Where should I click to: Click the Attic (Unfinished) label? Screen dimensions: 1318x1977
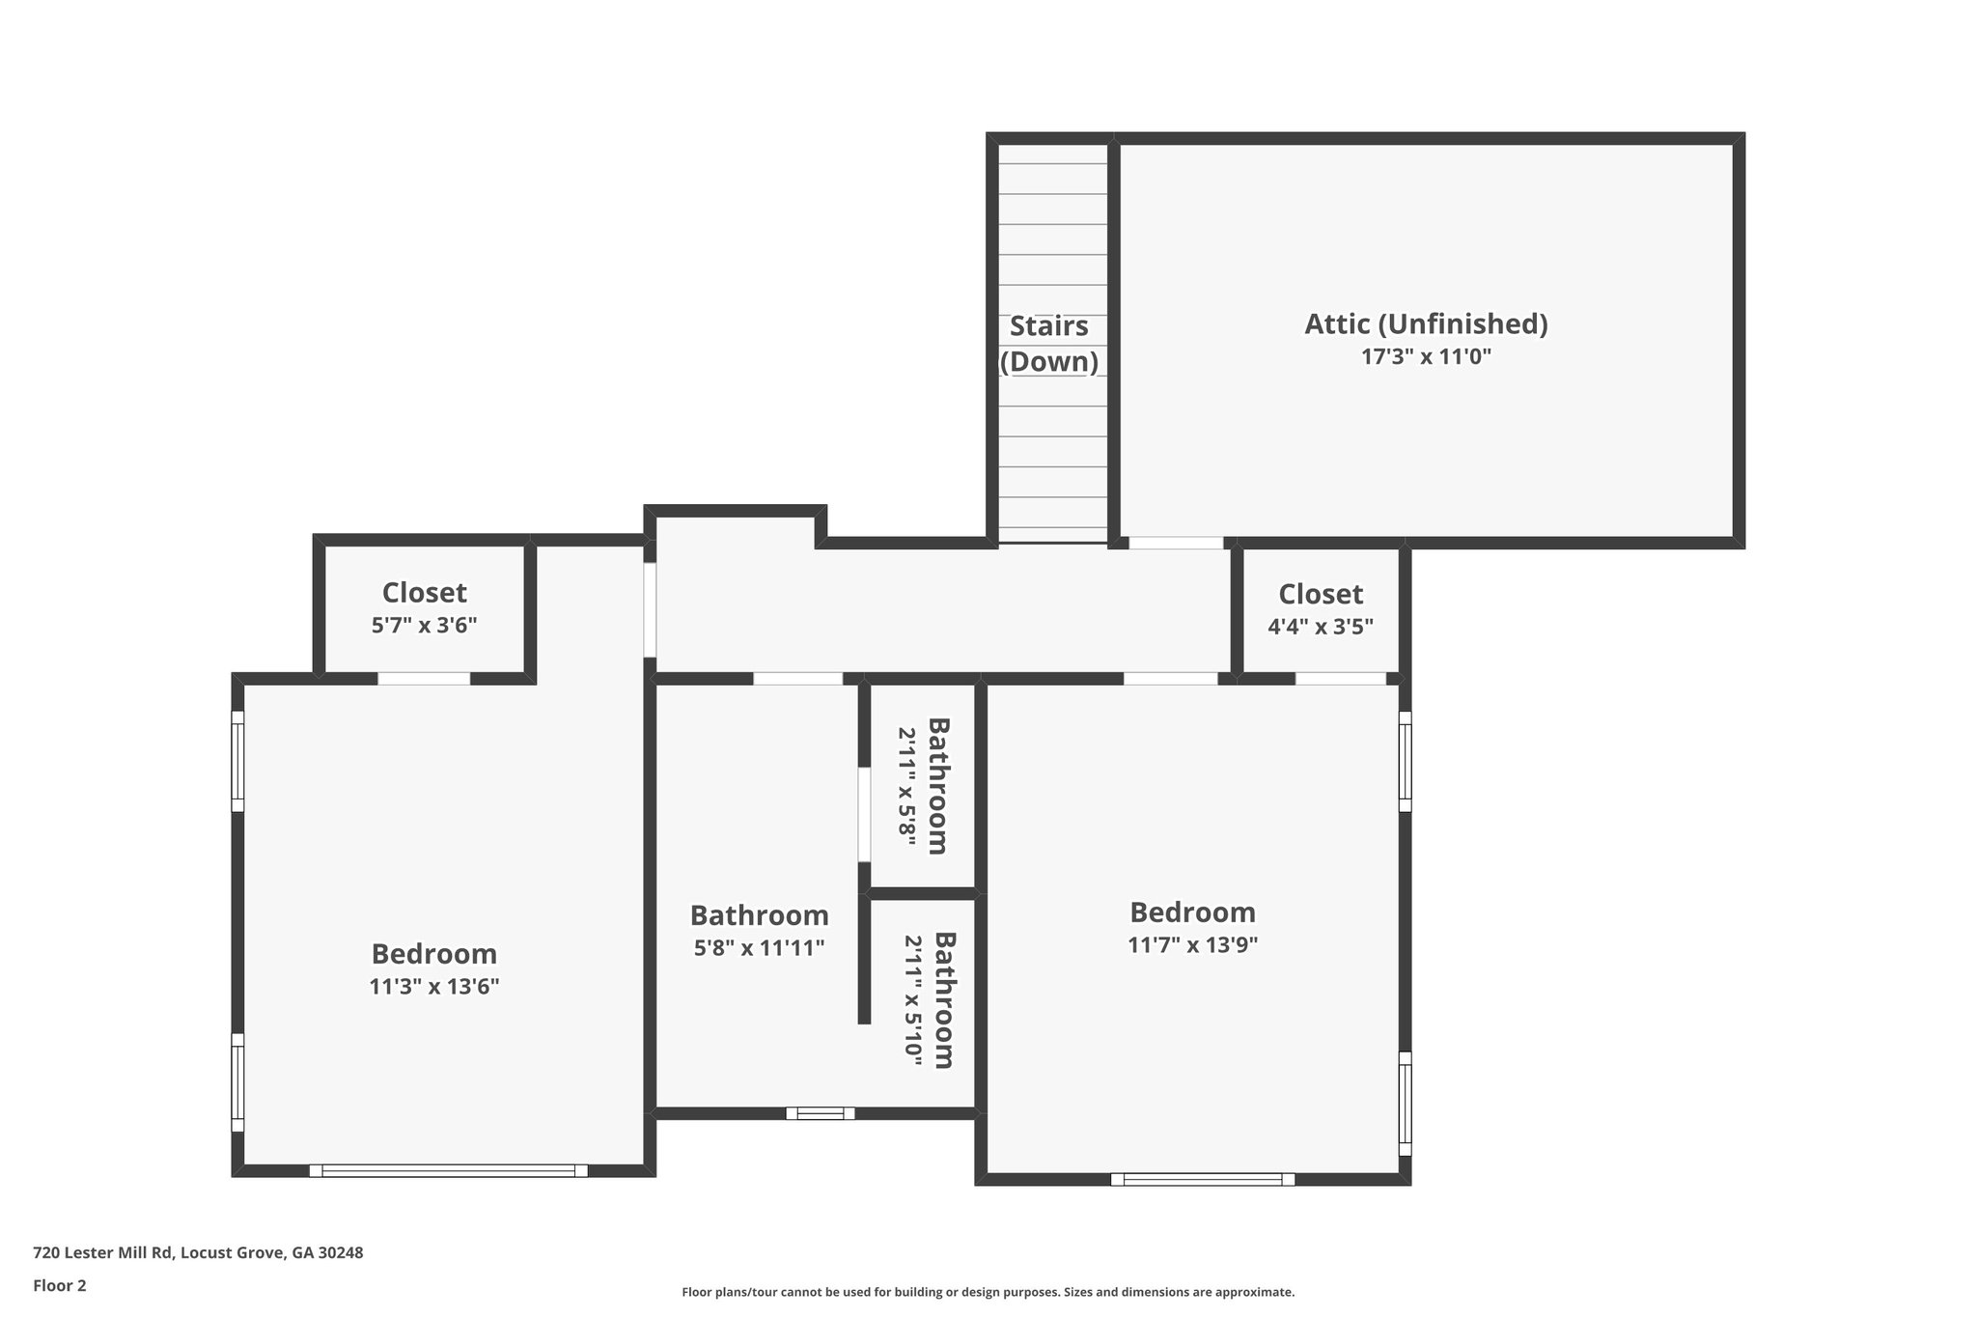[1426, 323]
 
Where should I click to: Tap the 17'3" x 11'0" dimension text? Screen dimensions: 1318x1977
[1426, 357]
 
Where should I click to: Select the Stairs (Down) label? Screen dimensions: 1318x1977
[1049, 344]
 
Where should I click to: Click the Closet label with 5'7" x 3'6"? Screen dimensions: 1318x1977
[424, 593]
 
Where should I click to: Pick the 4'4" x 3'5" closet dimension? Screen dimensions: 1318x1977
[1320, 626]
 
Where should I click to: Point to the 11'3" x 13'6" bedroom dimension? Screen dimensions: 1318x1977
[433, 987]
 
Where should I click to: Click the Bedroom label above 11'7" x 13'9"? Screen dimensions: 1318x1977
[1192, 912]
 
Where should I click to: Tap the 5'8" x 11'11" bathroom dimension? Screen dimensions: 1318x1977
[759, 948]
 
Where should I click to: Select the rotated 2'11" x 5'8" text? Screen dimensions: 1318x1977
[906, 786]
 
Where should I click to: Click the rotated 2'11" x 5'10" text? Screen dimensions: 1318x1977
[912, 1000]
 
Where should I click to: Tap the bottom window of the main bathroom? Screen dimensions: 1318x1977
[820, 1113]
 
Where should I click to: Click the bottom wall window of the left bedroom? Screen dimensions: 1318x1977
[448, 1170]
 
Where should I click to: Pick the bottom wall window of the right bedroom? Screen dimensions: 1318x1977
[1202, 1179]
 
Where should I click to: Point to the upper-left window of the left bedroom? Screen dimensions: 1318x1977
[237, 762]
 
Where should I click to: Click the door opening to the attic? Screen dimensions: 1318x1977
[1176, 544]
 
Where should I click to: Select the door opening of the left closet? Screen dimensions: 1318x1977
[424, 679]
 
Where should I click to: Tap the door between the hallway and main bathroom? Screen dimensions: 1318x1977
[797, 679]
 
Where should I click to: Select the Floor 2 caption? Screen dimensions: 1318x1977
[60, 1285]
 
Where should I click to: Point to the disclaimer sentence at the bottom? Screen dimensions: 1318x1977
[988, 1292]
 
